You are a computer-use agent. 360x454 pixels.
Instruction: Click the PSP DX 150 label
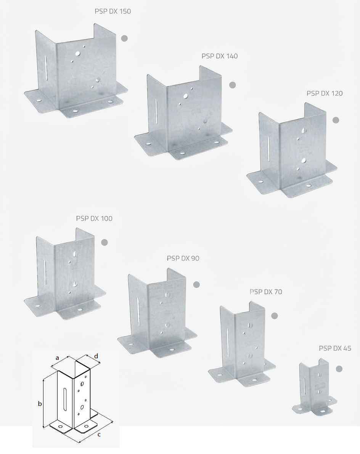112,11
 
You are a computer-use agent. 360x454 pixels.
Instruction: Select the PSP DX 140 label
220,56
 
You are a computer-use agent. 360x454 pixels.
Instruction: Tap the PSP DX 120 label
325,93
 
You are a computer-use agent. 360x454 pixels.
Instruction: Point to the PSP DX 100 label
94,218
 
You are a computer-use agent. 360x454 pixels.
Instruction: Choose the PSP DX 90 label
183,258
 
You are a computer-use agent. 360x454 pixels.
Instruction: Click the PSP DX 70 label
266,292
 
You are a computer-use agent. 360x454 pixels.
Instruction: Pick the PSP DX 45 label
335,348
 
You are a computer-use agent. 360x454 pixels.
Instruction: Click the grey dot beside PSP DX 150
124,38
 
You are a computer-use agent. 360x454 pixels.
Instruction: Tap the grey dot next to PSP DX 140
232,85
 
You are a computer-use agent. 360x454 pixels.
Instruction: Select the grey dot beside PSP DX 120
336,120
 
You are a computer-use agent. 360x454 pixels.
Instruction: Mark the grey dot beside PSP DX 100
104,242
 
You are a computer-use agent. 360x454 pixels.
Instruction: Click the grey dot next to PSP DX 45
339,369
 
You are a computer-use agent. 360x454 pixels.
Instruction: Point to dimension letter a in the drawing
57,358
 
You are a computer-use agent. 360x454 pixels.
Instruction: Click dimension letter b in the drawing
40,403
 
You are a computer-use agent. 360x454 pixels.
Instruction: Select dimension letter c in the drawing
99,434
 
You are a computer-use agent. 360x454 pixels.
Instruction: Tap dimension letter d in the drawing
96,356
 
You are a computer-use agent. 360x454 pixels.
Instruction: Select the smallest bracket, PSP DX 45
315,387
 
